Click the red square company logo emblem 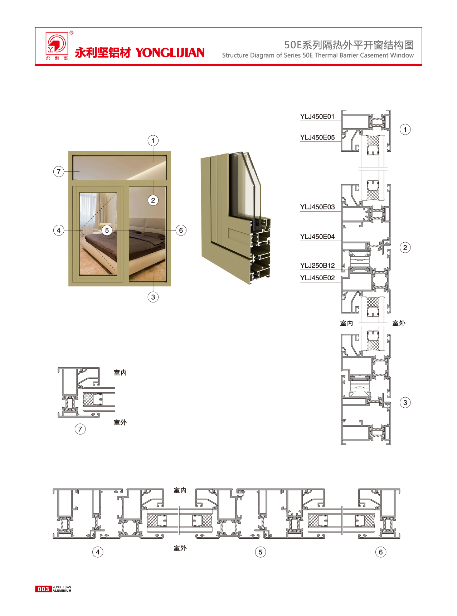57,43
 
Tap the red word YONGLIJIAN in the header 170,53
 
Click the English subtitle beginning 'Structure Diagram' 318,55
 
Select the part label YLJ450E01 317,116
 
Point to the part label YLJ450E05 317,137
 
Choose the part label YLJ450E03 317,207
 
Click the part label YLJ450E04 317,237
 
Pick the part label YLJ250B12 317,266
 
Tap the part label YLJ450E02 317,278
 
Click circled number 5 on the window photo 107,230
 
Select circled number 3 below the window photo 153,297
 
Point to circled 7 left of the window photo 59,171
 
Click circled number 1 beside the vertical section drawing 405,130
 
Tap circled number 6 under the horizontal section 381,552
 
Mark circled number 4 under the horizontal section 98,552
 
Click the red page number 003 43,589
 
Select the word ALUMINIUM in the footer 62,591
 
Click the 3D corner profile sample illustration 235,217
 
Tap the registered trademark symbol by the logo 72,33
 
